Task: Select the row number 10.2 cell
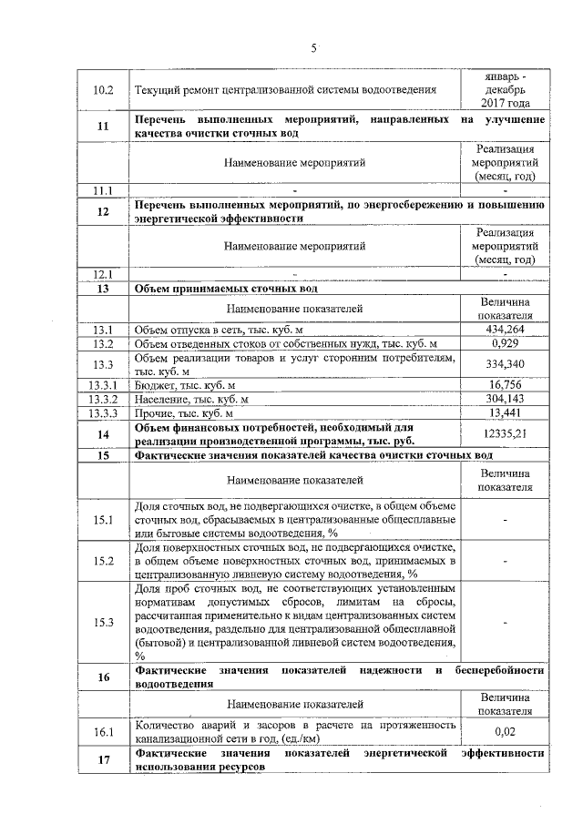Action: tap(103, 90)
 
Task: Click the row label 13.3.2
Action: tap(103, 400)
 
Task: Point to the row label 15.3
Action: tap(103, 623)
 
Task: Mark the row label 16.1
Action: tap(103, 731)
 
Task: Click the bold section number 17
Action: tap(103, 761)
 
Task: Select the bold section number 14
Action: tap(103, 434)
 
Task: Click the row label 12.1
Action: tap(103, 273)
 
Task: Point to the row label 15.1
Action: tap(103, 520)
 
